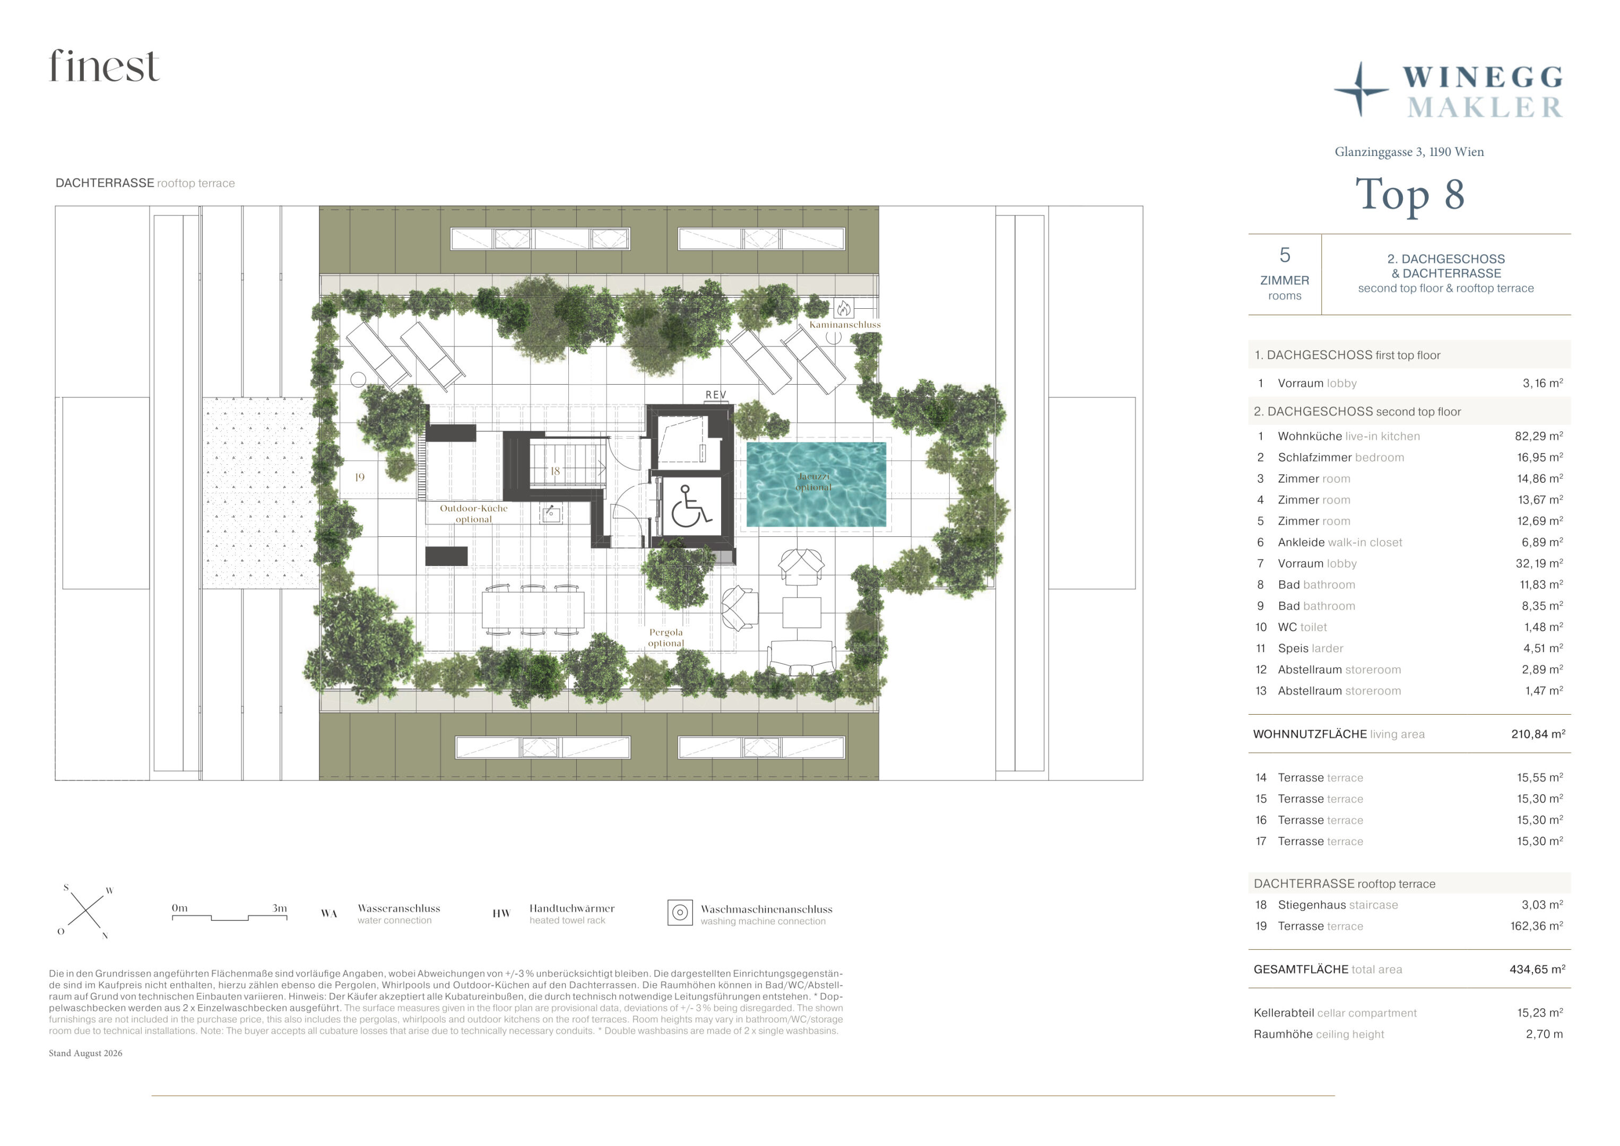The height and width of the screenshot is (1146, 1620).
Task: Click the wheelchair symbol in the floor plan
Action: pyautogui.click(x=690, y=506)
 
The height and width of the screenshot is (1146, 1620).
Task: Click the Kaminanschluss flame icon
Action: pyautogui.click(x=844, y=308)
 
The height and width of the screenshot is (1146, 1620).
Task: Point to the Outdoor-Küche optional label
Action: pyautogui.click(x=473, y=514)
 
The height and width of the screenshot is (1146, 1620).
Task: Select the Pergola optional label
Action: pyautogui.click(x=666, y=637)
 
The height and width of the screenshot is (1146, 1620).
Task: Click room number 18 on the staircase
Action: pyautogui.click(x=555, y=471)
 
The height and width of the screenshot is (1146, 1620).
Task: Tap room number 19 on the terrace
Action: pyautogui.click(x=360, y=477)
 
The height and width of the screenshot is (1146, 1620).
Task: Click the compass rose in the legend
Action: pyautogui.click(x=85, y=911)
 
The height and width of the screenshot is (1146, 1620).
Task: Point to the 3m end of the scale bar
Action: pyautogui.click(x=287, y=917)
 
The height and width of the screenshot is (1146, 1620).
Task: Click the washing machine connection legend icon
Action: pyautogui.click(x=680, y=913)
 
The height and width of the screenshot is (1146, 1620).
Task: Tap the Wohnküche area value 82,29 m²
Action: pyautogui.click(x=1539, y=436)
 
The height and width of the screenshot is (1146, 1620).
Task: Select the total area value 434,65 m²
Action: pyautogui.click(x=1537, y=969)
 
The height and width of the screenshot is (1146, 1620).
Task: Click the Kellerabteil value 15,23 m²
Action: pyautogui.click(x=1540, y=1013)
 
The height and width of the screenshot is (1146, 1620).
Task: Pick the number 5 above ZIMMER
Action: pyautogui.click(x=1285, y=255)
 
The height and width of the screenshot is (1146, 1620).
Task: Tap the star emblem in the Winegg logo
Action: pyautogui.click(x=1361, y=90)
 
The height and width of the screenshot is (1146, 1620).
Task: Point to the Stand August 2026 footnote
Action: pyautogui.click(x=85, y=1053)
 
